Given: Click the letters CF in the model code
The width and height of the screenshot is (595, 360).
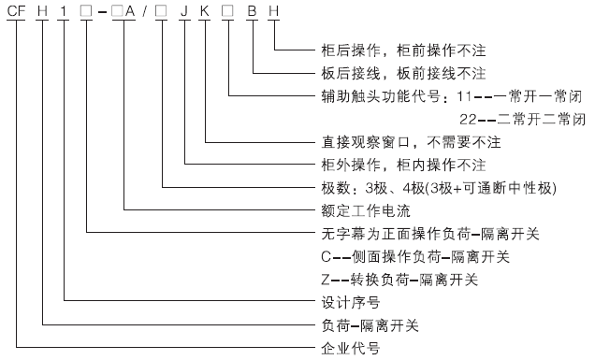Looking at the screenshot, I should click(x=18, y=11).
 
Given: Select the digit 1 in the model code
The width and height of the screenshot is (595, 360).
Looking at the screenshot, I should click(x=65, y=11).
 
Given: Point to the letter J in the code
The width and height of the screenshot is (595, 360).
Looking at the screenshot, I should click(x=185, y=11).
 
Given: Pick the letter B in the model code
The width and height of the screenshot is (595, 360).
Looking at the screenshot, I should click(x=252, y=11).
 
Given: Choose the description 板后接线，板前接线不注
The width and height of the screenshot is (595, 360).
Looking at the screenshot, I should click(x=402, y=72).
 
